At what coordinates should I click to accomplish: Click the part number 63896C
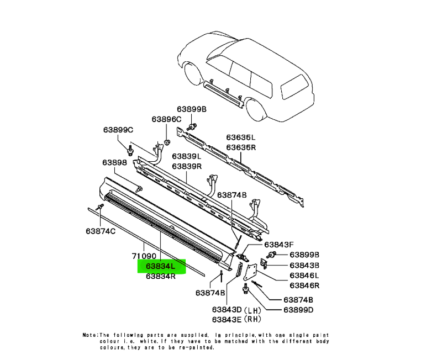point(166,119)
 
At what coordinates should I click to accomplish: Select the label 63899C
point(118,130)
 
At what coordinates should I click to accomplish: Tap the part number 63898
point(114,163)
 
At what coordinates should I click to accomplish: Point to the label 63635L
point(241,137)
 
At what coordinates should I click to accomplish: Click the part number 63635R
point(241,147)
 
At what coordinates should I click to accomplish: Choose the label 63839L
point(186,157)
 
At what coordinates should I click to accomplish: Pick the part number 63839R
point(186,166)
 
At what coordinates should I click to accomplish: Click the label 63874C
point(100,230)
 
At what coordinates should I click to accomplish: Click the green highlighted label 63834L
point(161,267)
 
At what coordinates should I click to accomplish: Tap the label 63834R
point(161,277)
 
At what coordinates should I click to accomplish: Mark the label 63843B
point(305,265)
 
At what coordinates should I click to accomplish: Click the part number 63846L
point(305,275)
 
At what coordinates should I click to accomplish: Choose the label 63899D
point(298,310)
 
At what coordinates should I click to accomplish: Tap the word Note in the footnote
point(90,335)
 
